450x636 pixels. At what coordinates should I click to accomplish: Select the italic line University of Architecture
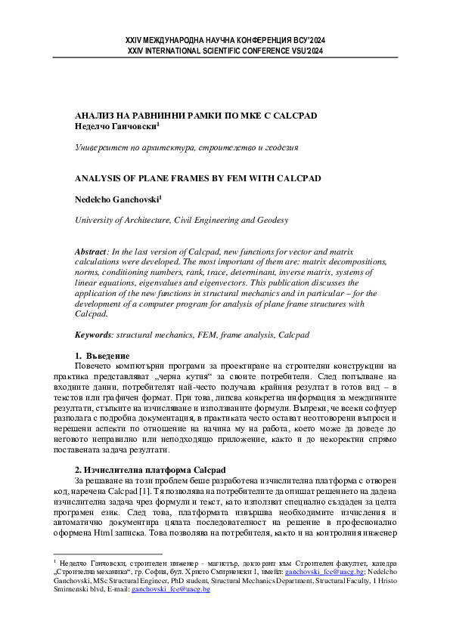[x=181, y=220]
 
